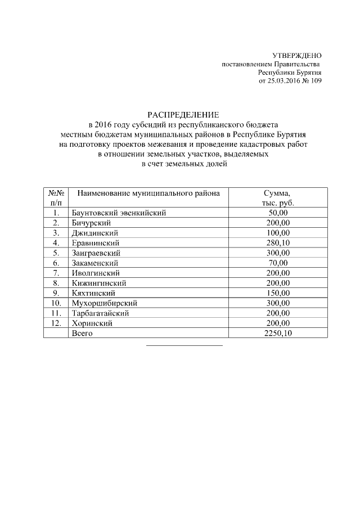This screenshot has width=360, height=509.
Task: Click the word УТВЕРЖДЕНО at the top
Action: click(297, 56)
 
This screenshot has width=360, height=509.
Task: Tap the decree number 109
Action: click(316, 81)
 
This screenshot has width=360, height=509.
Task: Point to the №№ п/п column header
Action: click(56, 197)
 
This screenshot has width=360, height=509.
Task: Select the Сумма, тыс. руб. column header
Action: click(278, 197)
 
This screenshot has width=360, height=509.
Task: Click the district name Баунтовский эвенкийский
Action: click(119, 213)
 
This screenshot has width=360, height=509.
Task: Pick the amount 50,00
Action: click(278, 213)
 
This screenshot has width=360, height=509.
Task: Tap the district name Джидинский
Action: click(93, 233)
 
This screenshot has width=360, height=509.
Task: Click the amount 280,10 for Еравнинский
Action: click(278, 243)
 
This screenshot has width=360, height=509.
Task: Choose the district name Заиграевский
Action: click(96, 253)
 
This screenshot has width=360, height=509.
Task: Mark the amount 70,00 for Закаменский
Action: click(278, 263)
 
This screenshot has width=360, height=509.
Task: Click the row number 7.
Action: click(56, 273)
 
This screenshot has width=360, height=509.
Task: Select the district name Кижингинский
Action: click(98, 283)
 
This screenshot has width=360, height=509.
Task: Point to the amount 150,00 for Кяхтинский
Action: click(278, 293)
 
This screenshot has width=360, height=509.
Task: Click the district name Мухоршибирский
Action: click(105, 303)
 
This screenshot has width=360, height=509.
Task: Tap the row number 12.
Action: click(56, 323)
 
